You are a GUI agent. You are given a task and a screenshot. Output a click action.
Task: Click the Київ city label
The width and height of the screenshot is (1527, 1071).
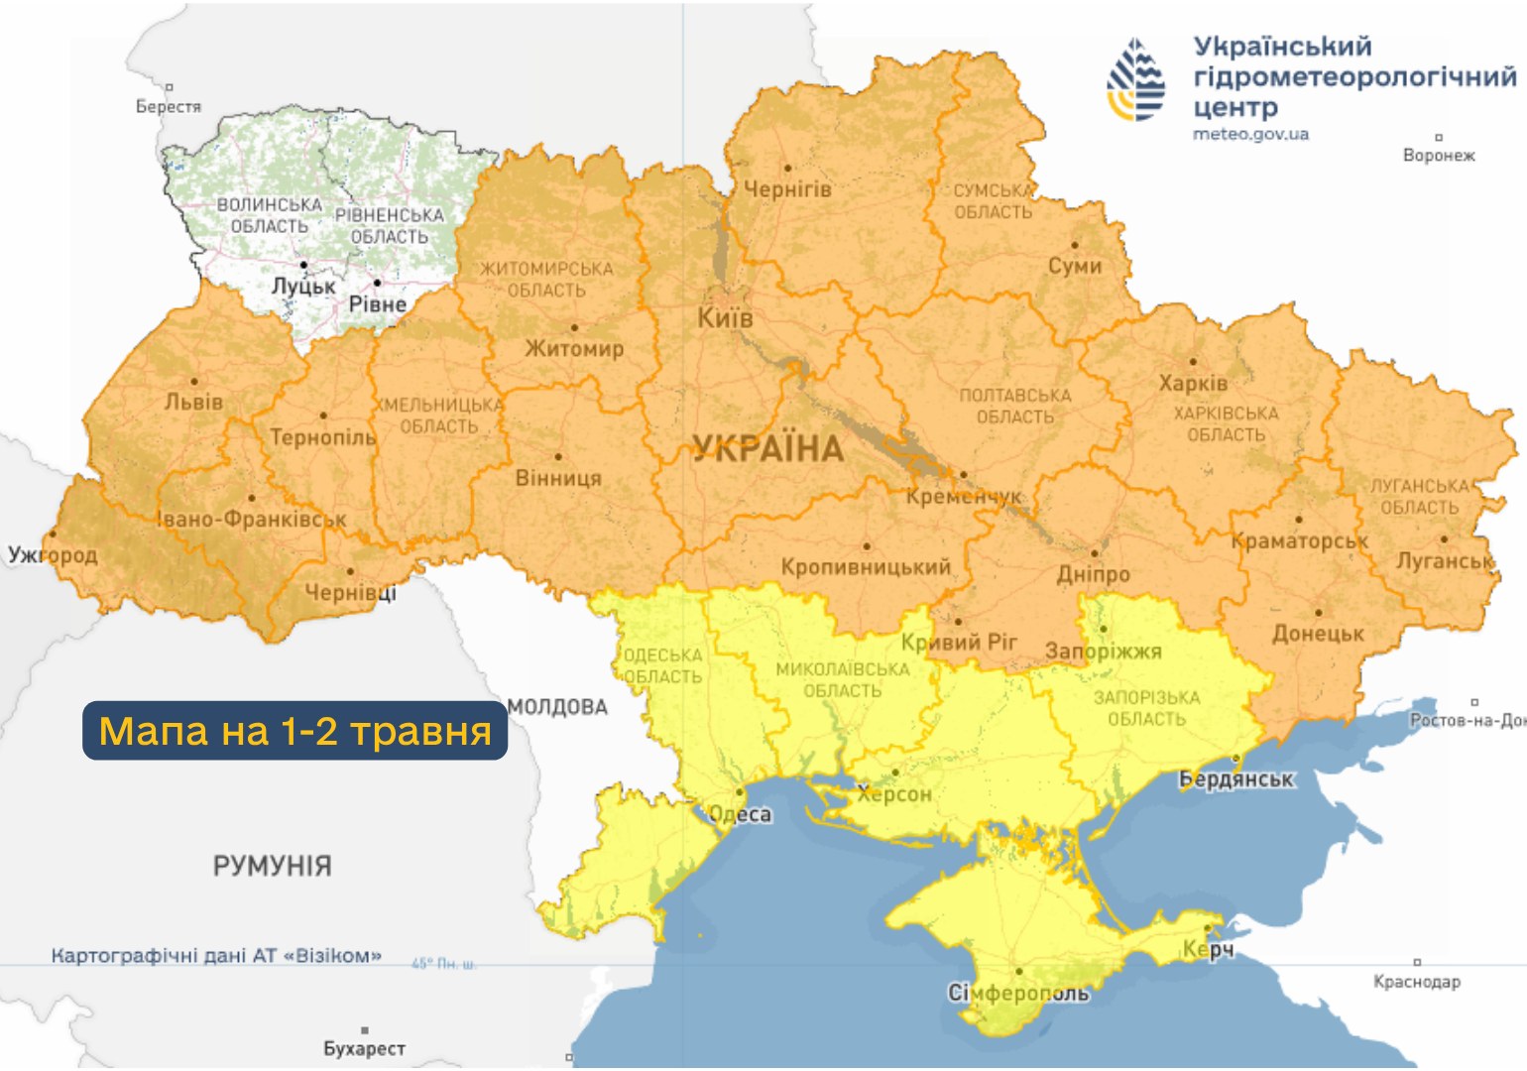[x=725, y=318]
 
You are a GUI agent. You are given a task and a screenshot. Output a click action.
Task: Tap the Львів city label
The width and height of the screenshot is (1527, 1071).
[x=193, y=402]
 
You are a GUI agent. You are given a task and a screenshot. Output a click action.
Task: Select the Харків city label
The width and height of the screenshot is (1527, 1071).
[x=1193, y=383]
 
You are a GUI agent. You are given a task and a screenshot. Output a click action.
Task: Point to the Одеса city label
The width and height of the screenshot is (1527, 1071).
[x=740, y=814]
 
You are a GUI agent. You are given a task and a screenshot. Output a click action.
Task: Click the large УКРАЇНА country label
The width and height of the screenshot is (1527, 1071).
[x=767, y=449]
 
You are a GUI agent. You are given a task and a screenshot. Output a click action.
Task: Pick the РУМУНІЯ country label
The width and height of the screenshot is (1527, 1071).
[x=272, y=866]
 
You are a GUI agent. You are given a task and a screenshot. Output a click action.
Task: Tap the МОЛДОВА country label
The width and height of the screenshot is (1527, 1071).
[x=557, y=707]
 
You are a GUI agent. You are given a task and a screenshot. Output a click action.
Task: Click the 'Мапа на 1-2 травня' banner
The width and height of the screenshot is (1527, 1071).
[x=294, y=731]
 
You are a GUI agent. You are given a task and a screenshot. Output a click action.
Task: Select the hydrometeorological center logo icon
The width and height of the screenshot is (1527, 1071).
[x=1136, y=80]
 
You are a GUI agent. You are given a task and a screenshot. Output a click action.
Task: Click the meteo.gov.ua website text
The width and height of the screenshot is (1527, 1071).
[x=1250, y=134]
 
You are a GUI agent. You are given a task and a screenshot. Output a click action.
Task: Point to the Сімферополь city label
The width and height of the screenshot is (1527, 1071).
[x=1018, y=993]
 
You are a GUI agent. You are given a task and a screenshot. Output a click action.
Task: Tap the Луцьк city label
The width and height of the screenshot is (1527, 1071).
[x=303, y=286]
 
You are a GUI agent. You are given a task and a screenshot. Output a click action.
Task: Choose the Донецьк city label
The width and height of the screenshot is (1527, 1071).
[x=1318, y=634]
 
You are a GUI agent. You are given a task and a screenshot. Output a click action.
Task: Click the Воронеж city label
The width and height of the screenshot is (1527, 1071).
[x=1439, y=155]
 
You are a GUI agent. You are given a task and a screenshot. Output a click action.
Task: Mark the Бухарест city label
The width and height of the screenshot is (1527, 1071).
[x=364, y=1048]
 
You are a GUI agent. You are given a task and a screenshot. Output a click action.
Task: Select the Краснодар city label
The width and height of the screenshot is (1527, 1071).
[x=1416, y=982]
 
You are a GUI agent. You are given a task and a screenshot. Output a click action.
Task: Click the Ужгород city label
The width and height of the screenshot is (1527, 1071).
[x=53, y=554]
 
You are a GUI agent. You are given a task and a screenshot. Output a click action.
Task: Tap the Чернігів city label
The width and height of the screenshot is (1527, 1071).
[x=787, y=188]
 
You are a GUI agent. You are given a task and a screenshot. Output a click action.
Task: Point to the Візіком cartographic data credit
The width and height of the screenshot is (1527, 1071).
[x=216, y=956]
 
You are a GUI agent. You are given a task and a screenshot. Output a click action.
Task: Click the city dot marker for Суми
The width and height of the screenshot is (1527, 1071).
[x=1075, y=245]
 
